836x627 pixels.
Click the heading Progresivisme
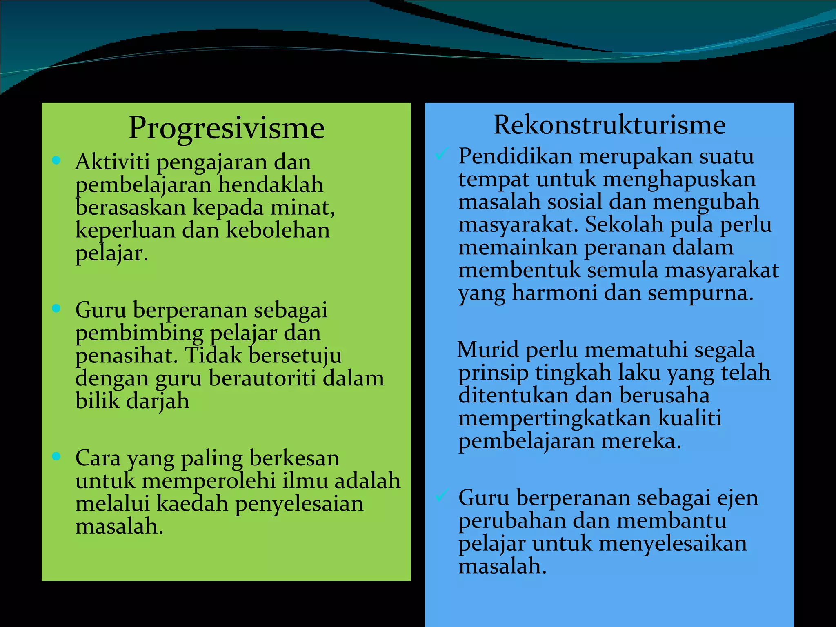tap(227, 128)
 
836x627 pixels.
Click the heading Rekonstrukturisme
tap(609, 125)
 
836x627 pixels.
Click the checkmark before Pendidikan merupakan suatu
tap(442, 154)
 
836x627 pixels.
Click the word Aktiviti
tap(112, 162)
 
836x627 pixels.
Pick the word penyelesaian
tap(299, 504)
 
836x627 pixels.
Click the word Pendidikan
tap(515, 156)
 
